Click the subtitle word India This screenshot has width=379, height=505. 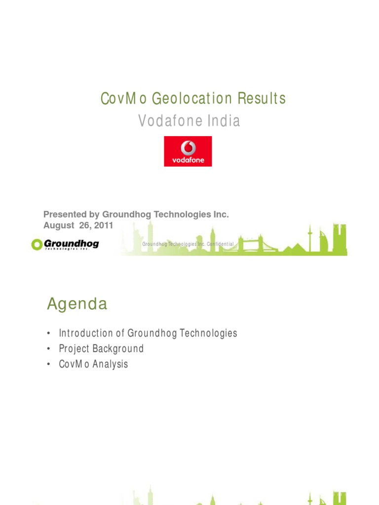point(225,121)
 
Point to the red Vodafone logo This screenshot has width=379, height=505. point(188,151)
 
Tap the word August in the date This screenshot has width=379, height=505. point(58,225)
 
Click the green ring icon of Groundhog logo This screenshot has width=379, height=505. point(37,244)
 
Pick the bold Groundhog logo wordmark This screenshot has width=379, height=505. point(72,243)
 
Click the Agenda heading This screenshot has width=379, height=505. point(77,304)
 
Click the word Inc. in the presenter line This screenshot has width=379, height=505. point(222,215)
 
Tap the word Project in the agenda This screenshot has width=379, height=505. point(74,349)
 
